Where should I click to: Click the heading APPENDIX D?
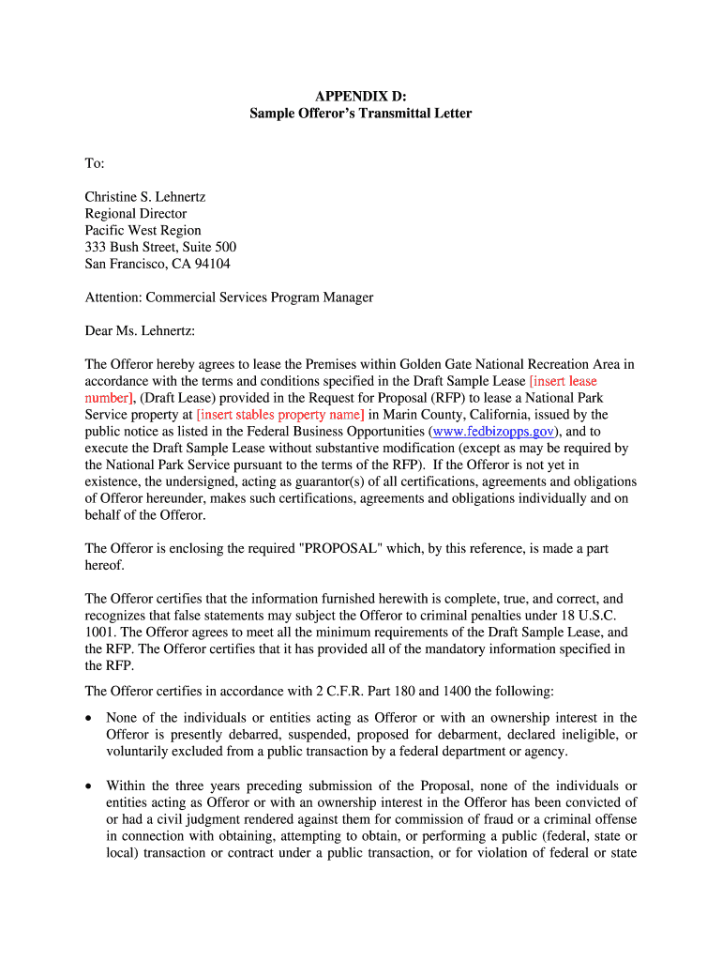(x=360, y=96)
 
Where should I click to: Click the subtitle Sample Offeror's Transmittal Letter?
(x=360, y=114)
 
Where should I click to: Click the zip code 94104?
(x=210, y=265)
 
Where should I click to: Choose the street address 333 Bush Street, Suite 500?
(x=160, y=248)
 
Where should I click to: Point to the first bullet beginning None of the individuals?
(x=371, y=735)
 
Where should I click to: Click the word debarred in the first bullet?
(x=236, y=735)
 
